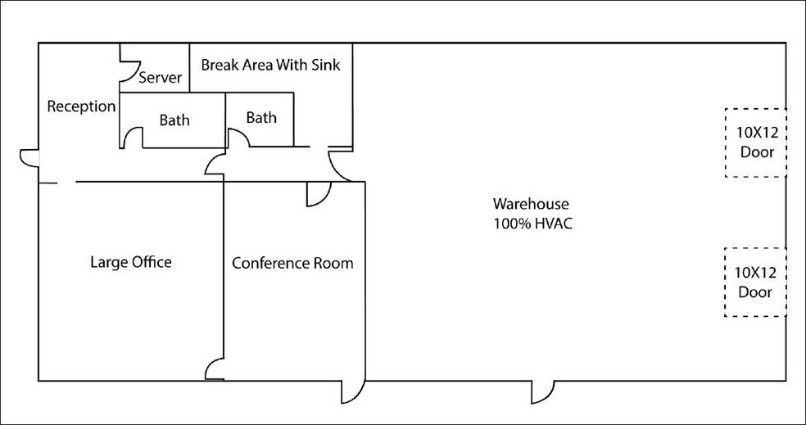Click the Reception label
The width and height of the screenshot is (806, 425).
(x=81, y=106)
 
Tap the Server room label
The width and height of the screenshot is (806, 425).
(x=160, y=78)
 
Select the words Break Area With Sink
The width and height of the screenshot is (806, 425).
(x=270, y=64)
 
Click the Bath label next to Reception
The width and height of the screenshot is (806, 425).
(x=174, y=120)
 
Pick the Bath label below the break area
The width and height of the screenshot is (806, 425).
(x=261, y=118)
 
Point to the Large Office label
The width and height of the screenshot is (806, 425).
(x=131, y=262)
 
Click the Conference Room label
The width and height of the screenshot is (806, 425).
(x=292, y=263)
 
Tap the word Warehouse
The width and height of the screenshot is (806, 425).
(x=530, y=203)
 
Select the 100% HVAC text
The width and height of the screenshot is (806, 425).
(x=530, y=222)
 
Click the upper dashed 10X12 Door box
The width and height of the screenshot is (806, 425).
(x=755, y=142)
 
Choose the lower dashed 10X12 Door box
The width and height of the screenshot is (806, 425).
(x=755, y=283)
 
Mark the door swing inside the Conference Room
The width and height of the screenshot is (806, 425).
(x=318, y=193)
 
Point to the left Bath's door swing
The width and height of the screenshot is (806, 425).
(x=134, y=138)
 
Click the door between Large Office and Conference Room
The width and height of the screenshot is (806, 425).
(x=215, y=369)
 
